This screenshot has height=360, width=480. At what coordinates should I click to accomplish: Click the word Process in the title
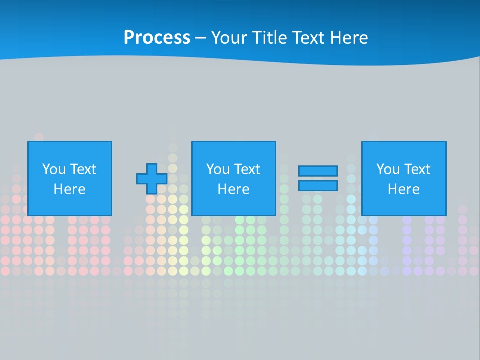(157, 38)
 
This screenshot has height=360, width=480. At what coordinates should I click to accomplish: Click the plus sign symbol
(152, 179)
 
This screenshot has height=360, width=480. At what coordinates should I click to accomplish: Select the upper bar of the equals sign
(318, 171)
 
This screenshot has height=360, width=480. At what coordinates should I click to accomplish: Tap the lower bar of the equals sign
(318, 186)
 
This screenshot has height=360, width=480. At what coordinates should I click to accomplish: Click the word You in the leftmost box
(54, 169)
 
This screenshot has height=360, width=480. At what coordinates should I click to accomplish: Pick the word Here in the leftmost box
(69, 189)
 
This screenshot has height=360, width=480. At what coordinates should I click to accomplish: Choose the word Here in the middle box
(233, 189)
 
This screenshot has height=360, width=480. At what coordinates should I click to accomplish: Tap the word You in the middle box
(218, 169)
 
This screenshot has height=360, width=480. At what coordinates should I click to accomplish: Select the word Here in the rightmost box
(403, 189)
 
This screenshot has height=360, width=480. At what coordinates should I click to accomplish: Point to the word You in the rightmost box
(388, 169)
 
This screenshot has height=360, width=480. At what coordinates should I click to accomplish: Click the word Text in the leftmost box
(83, 169)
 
